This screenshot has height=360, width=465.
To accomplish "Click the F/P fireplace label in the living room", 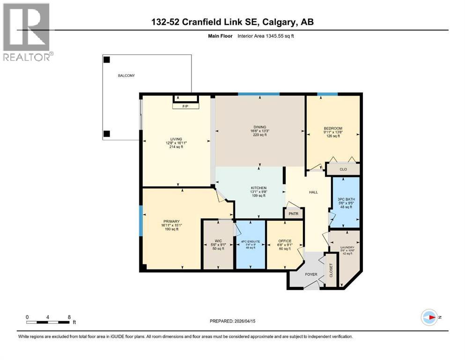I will coord(186,107).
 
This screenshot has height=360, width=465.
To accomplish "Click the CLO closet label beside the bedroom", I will coord(343,170).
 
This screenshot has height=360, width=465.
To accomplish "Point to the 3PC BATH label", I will coord(346,199).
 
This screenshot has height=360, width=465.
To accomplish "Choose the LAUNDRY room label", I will coord(347,247).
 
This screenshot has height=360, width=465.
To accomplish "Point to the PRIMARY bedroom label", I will coord(172,221).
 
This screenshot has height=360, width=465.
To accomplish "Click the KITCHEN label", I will coord(258,188).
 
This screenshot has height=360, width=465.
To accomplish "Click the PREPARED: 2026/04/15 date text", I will coord(233,321).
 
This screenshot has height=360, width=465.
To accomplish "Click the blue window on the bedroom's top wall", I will coord(327,95).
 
